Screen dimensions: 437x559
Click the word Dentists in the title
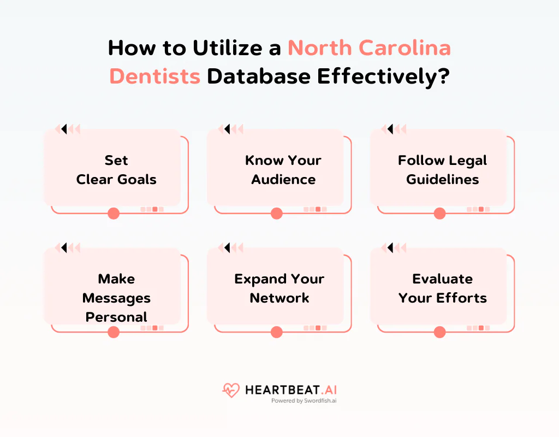click(155, 77)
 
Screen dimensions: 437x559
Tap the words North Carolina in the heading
click(370, 48)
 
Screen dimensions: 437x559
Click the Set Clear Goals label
click(116, 170)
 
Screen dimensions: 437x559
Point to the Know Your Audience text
click(283, 170)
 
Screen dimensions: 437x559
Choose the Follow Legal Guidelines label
click(442, 170)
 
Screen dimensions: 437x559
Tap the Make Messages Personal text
click(116, 298)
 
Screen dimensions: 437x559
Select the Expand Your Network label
click(279, 288)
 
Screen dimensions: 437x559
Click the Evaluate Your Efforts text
click(442, 288)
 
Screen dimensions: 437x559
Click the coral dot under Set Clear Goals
click(114, 214)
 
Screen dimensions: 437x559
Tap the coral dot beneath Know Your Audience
click(277, 214)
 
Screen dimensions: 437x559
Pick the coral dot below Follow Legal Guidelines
click(439, 214)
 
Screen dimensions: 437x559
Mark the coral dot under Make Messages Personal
click(114, 332)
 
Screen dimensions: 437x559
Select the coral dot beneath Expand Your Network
click(277, 332)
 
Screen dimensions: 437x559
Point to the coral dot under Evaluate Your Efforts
click(439, 332)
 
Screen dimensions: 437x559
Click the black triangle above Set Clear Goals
click(64, 129)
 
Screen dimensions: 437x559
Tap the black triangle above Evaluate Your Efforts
click(390, 248)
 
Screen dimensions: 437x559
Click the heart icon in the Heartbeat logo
click(231, 390)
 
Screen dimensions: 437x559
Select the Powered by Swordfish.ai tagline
click(304, 400)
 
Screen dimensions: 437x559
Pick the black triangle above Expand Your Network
click(227, 248)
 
